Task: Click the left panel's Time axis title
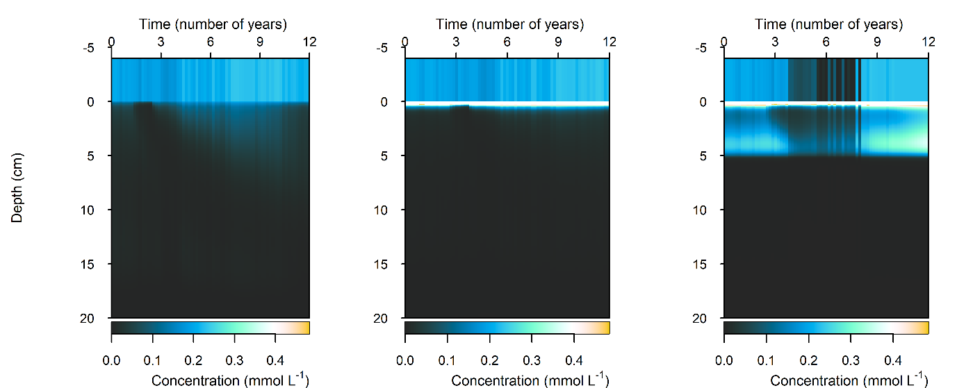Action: [213, 24]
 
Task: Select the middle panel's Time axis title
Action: [509, 24]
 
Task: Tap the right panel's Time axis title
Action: [828, 24]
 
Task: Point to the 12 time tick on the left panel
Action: [310, 42]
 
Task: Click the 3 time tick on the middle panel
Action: [456, 42]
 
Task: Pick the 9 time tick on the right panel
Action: [877, 42]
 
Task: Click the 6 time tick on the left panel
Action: [211, 42]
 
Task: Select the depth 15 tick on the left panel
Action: [94, 264]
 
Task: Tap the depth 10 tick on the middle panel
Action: [388, 210]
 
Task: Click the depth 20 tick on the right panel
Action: [707, 319]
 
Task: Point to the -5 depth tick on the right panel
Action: [707, 49]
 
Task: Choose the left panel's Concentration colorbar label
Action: [230, 380]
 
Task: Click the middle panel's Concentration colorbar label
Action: [530, 380]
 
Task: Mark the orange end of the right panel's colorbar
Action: [922, 328]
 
